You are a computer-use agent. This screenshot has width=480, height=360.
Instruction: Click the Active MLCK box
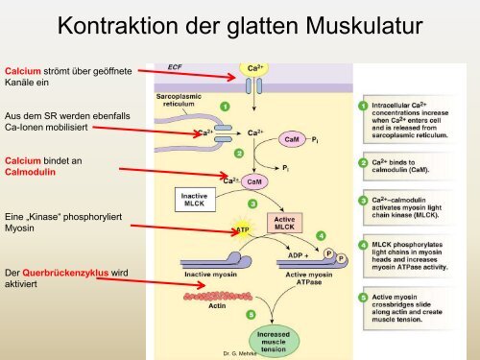pyautogui.click(x=285, y=222)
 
